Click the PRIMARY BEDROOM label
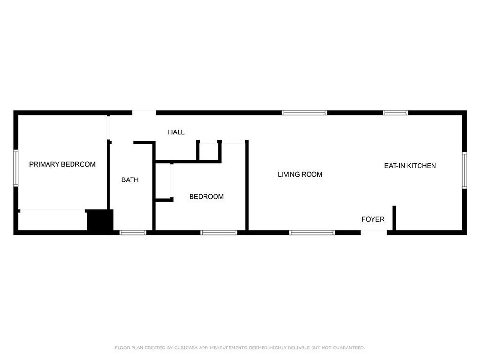click(62, 164)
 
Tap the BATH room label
click(130, 180)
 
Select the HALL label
click(176, 132)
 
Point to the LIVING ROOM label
click(300, 175)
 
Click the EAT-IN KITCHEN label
click(410, 166)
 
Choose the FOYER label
click(373, 219)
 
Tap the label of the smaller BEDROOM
click(206, 197)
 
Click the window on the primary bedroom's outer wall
click(16, 168)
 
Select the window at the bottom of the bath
click(133, 233)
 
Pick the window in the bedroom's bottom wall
click(218, 233)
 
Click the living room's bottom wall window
click(312, 233)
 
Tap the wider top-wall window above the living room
click(304, 113)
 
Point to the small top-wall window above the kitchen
click(396, 113)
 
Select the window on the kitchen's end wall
click(464, 170)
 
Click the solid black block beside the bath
click(100, 220)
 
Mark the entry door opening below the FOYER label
click(374, 233)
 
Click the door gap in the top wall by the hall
click(144, 113)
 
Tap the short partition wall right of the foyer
click(394, 218)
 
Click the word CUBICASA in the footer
click(186, 348)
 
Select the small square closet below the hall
click(209, 151)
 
